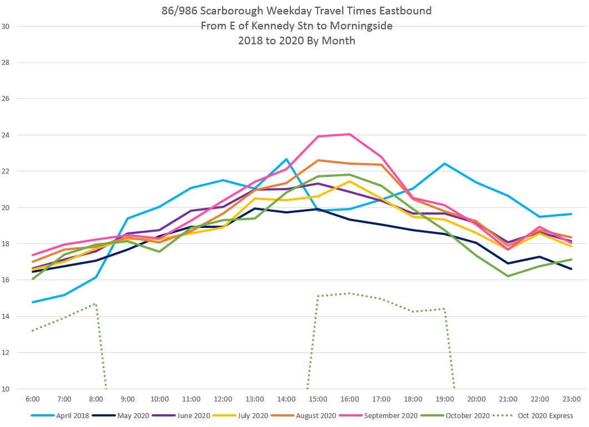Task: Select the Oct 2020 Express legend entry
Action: point(546,415)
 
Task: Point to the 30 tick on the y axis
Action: point(6,26)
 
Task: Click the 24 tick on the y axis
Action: point(6,135)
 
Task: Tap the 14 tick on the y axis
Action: point(6,316)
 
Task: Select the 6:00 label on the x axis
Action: point(33,399)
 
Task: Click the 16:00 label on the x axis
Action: point(350,399)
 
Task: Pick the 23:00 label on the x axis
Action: point(571,399)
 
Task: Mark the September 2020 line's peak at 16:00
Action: point(349,134)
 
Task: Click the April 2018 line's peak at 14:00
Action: point(286,160)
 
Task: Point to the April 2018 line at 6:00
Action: point(33,302)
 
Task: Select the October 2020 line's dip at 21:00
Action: point(508,276)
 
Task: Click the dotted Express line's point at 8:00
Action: point(96,304)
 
